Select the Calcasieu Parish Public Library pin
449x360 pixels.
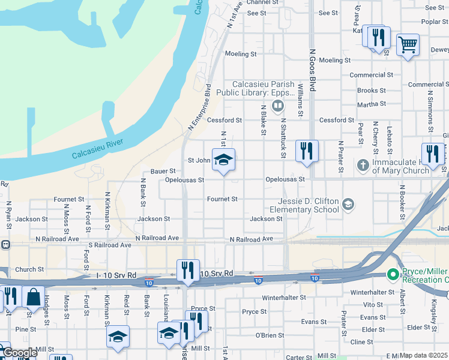(x=277, y=107)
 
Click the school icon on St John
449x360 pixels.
(x=223, y=160)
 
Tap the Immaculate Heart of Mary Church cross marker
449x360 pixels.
(x=363, y=164)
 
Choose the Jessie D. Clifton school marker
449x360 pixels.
(x=348, y=205)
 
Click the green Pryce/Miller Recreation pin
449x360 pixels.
(x=393, y=275)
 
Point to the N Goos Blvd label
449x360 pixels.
(x=312, y=70)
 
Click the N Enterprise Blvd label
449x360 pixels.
(x=200, y=107)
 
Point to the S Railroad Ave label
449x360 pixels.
(x=109, y=245)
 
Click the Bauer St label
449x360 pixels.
(x=163, y=171)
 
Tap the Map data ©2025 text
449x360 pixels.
(x=423, y=355)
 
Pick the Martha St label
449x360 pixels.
(x=371, y=104)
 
